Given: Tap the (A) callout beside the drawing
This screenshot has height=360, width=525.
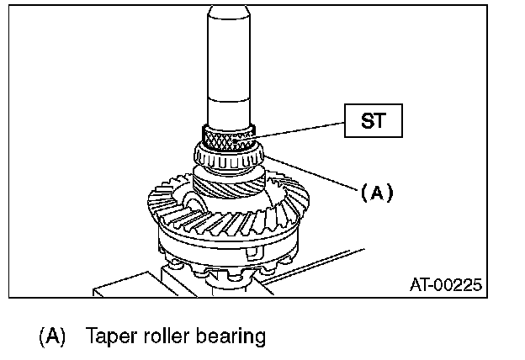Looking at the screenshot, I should click(x=377, y=193).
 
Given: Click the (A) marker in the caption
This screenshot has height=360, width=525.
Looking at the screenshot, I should click(x=52, y=336).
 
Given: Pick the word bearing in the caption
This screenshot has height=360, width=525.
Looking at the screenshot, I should click(x=231, y=337).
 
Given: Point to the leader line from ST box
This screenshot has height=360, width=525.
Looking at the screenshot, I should click(x=303, y=128).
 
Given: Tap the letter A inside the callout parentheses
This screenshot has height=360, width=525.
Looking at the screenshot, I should click(x=377, y=193).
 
